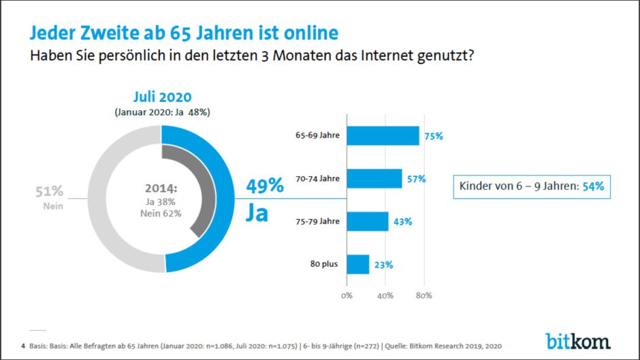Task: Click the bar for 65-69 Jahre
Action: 383,135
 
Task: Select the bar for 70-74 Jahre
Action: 374,178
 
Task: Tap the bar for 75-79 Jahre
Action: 368,221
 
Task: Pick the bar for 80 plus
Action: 358,264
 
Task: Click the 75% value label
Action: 433,136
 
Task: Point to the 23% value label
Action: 383,265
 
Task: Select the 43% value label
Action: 402,222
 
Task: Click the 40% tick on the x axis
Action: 385,296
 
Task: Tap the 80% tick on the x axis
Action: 423,296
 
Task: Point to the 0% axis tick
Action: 347,296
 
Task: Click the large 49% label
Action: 264,186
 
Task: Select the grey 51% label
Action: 49,191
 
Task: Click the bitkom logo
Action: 577,340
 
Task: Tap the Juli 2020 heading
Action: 162,97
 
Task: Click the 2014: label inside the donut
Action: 161,189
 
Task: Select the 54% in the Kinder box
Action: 593,186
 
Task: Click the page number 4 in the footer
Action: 23,346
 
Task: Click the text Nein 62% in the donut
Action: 161,213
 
